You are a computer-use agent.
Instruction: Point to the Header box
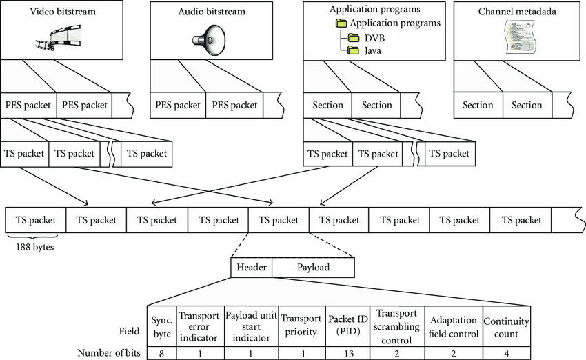point(251,267)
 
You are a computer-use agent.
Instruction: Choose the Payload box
point(313,267)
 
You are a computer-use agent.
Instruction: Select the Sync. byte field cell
point(161,324)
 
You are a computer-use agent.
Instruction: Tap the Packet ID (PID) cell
point(347,324)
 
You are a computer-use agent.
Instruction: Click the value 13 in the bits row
point(347,353)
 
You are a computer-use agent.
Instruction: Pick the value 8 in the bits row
point(161,353)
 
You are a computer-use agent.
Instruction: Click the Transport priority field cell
point(301,324)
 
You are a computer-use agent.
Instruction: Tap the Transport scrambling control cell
point(396,324)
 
